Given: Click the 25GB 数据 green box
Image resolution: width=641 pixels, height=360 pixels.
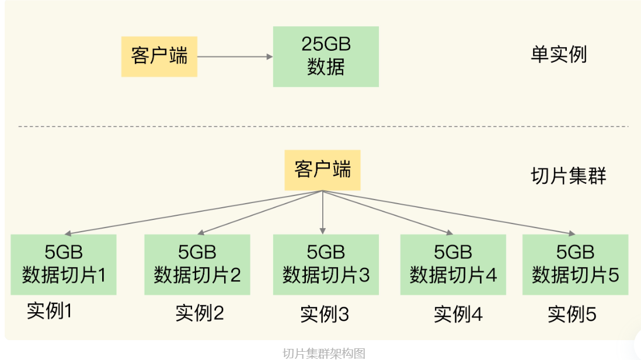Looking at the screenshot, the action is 326,57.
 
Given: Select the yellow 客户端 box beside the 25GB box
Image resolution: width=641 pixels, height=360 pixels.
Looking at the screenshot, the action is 159,57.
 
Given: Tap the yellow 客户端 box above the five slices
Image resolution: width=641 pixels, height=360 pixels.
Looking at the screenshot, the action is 323,170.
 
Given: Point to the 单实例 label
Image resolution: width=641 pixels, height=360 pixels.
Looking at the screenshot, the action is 559,54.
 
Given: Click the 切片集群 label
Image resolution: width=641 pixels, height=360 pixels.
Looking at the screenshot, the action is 568,176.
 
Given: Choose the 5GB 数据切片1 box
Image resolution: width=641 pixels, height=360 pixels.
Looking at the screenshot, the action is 64,264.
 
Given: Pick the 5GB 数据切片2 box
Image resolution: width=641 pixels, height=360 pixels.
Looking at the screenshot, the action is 197,264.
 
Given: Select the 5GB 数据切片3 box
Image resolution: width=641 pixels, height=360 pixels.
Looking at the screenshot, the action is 326,264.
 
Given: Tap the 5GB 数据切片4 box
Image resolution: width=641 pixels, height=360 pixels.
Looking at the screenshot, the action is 453,264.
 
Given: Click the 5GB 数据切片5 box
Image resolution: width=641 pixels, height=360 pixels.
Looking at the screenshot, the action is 575,264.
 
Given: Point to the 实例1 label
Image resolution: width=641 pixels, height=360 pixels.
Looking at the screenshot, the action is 50,311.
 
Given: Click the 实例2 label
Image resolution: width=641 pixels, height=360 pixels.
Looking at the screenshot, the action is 200,313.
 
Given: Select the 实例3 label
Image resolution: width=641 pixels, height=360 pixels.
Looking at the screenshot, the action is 325,314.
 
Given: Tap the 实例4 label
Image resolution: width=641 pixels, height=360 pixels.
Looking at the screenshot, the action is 458,314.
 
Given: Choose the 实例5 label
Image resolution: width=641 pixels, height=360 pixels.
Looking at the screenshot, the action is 572,314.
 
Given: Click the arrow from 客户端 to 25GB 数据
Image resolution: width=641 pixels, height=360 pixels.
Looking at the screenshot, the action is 235,57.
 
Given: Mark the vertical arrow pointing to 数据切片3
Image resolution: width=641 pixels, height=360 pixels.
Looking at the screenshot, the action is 323,212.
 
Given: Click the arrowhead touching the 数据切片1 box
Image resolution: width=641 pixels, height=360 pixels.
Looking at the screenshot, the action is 68,233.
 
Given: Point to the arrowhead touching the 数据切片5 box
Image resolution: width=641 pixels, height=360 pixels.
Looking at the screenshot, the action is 572,233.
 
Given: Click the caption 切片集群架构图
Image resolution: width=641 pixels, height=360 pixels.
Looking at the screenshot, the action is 324,354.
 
